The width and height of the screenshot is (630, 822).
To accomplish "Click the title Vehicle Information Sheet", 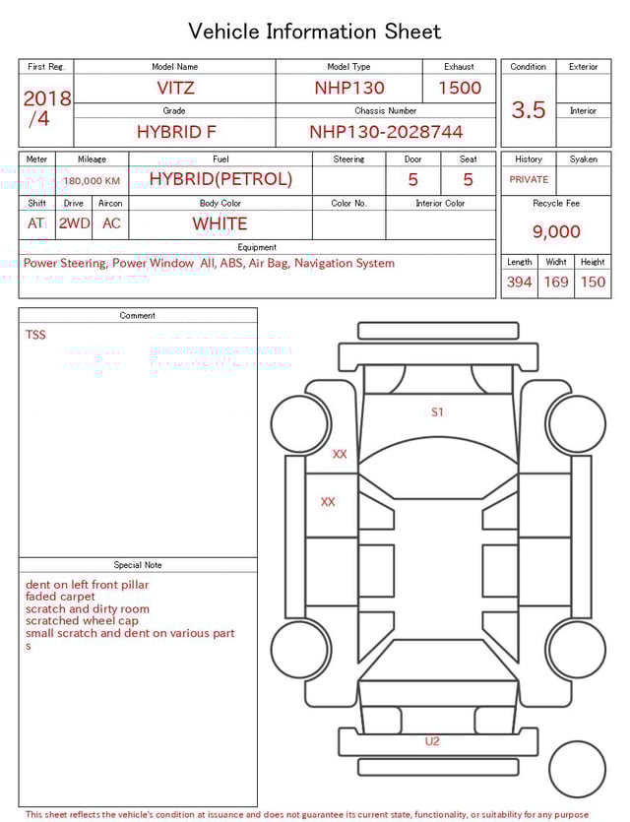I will (x=314, y=32).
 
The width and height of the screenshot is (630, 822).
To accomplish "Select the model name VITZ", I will (x=175, y=88).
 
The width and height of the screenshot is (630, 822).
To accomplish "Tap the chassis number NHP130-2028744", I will (x=386, y=132).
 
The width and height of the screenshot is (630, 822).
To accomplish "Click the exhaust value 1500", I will (x=460, y=88).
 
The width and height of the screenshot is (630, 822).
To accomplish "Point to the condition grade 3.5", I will (x=529, y=110).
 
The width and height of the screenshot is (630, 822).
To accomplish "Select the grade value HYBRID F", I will (x=175, y=132).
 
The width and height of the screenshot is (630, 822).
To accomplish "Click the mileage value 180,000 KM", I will (x=92, y=181).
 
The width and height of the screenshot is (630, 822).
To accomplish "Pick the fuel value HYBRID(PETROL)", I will (x=220, y=179).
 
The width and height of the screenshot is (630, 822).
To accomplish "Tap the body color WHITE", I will (x=220, y=223).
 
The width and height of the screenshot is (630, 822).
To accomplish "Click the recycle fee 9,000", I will (x=556, y=232).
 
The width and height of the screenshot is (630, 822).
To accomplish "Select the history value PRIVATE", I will (x=529, y=180).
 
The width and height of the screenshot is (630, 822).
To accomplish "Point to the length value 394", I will (x=519, y=283).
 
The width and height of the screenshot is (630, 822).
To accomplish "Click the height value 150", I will (x=593, y=283).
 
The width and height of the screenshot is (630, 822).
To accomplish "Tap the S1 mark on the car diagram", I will (x=437, y=411).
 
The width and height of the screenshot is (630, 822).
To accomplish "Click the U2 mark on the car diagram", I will (x=432, y=741).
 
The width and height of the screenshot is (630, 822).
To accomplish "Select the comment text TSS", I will (x=35, y=335).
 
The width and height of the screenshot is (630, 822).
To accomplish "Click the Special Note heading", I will (x=138, y=565).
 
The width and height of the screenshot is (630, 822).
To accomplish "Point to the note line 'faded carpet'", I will (x=61, y=597).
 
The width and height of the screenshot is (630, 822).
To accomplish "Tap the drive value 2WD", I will (x=74, y=223).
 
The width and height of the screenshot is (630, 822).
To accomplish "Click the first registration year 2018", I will (x=46, y=98).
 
